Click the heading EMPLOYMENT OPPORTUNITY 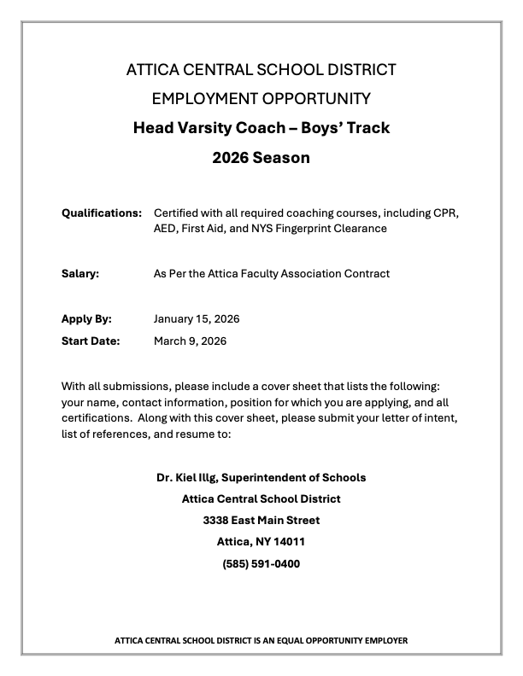coord(261,98)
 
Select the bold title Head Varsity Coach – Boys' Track coord(261,128)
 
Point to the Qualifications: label coord(101,212)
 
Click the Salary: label coord(80,274)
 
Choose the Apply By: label coord(86,319)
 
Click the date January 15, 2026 coord(197,319)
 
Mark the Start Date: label coord(91,341)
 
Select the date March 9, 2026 coord(190,341)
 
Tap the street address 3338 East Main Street coord(261,520)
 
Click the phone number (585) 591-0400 coord(261,563)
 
